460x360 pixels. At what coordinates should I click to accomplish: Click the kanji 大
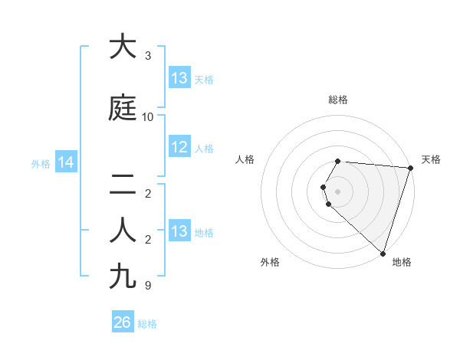(123, 47)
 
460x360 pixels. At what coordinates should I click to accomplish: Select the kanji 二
(123, 186)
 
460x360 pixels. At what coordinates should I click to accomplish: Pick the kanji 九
(123, 275)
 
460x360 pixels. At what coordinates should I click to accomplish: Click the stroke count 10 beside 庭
(148, 117)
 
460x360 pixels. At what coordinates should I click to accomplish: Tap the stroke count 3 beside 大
(148, 56)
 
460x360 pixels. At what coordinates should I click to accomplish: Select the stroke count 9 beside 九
(148, 286)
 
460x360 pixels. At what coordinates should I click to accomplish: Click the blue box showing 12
(179, 147)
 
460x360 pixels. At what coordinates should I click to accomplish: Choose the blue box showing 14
(65, 162)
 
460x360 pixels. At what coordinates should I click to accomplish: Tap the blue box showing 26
(123, 322)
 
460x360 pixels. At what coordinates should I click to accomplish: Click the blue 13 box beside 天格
(179, 78)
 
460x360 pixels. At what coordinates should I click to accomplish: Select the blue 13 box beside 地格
(179, 231)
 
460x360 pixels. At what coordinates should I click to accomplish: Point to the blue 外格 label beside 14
(41, 163)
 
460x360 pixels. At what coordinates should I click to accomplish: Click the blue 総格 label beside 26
(147, 324)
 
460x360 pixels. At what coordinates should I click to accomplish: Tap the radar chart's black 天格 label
(431, 159)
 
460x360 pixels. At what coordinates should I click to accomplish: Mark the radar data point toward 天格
(410, 168)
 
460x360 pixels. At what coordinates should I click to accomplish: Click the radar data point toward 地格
(383, 253)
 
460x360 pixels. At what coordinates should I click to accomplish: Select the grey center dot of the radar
(337, 190)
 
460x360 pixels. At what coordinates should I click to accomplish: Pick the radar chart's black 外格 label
(270, 263)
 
